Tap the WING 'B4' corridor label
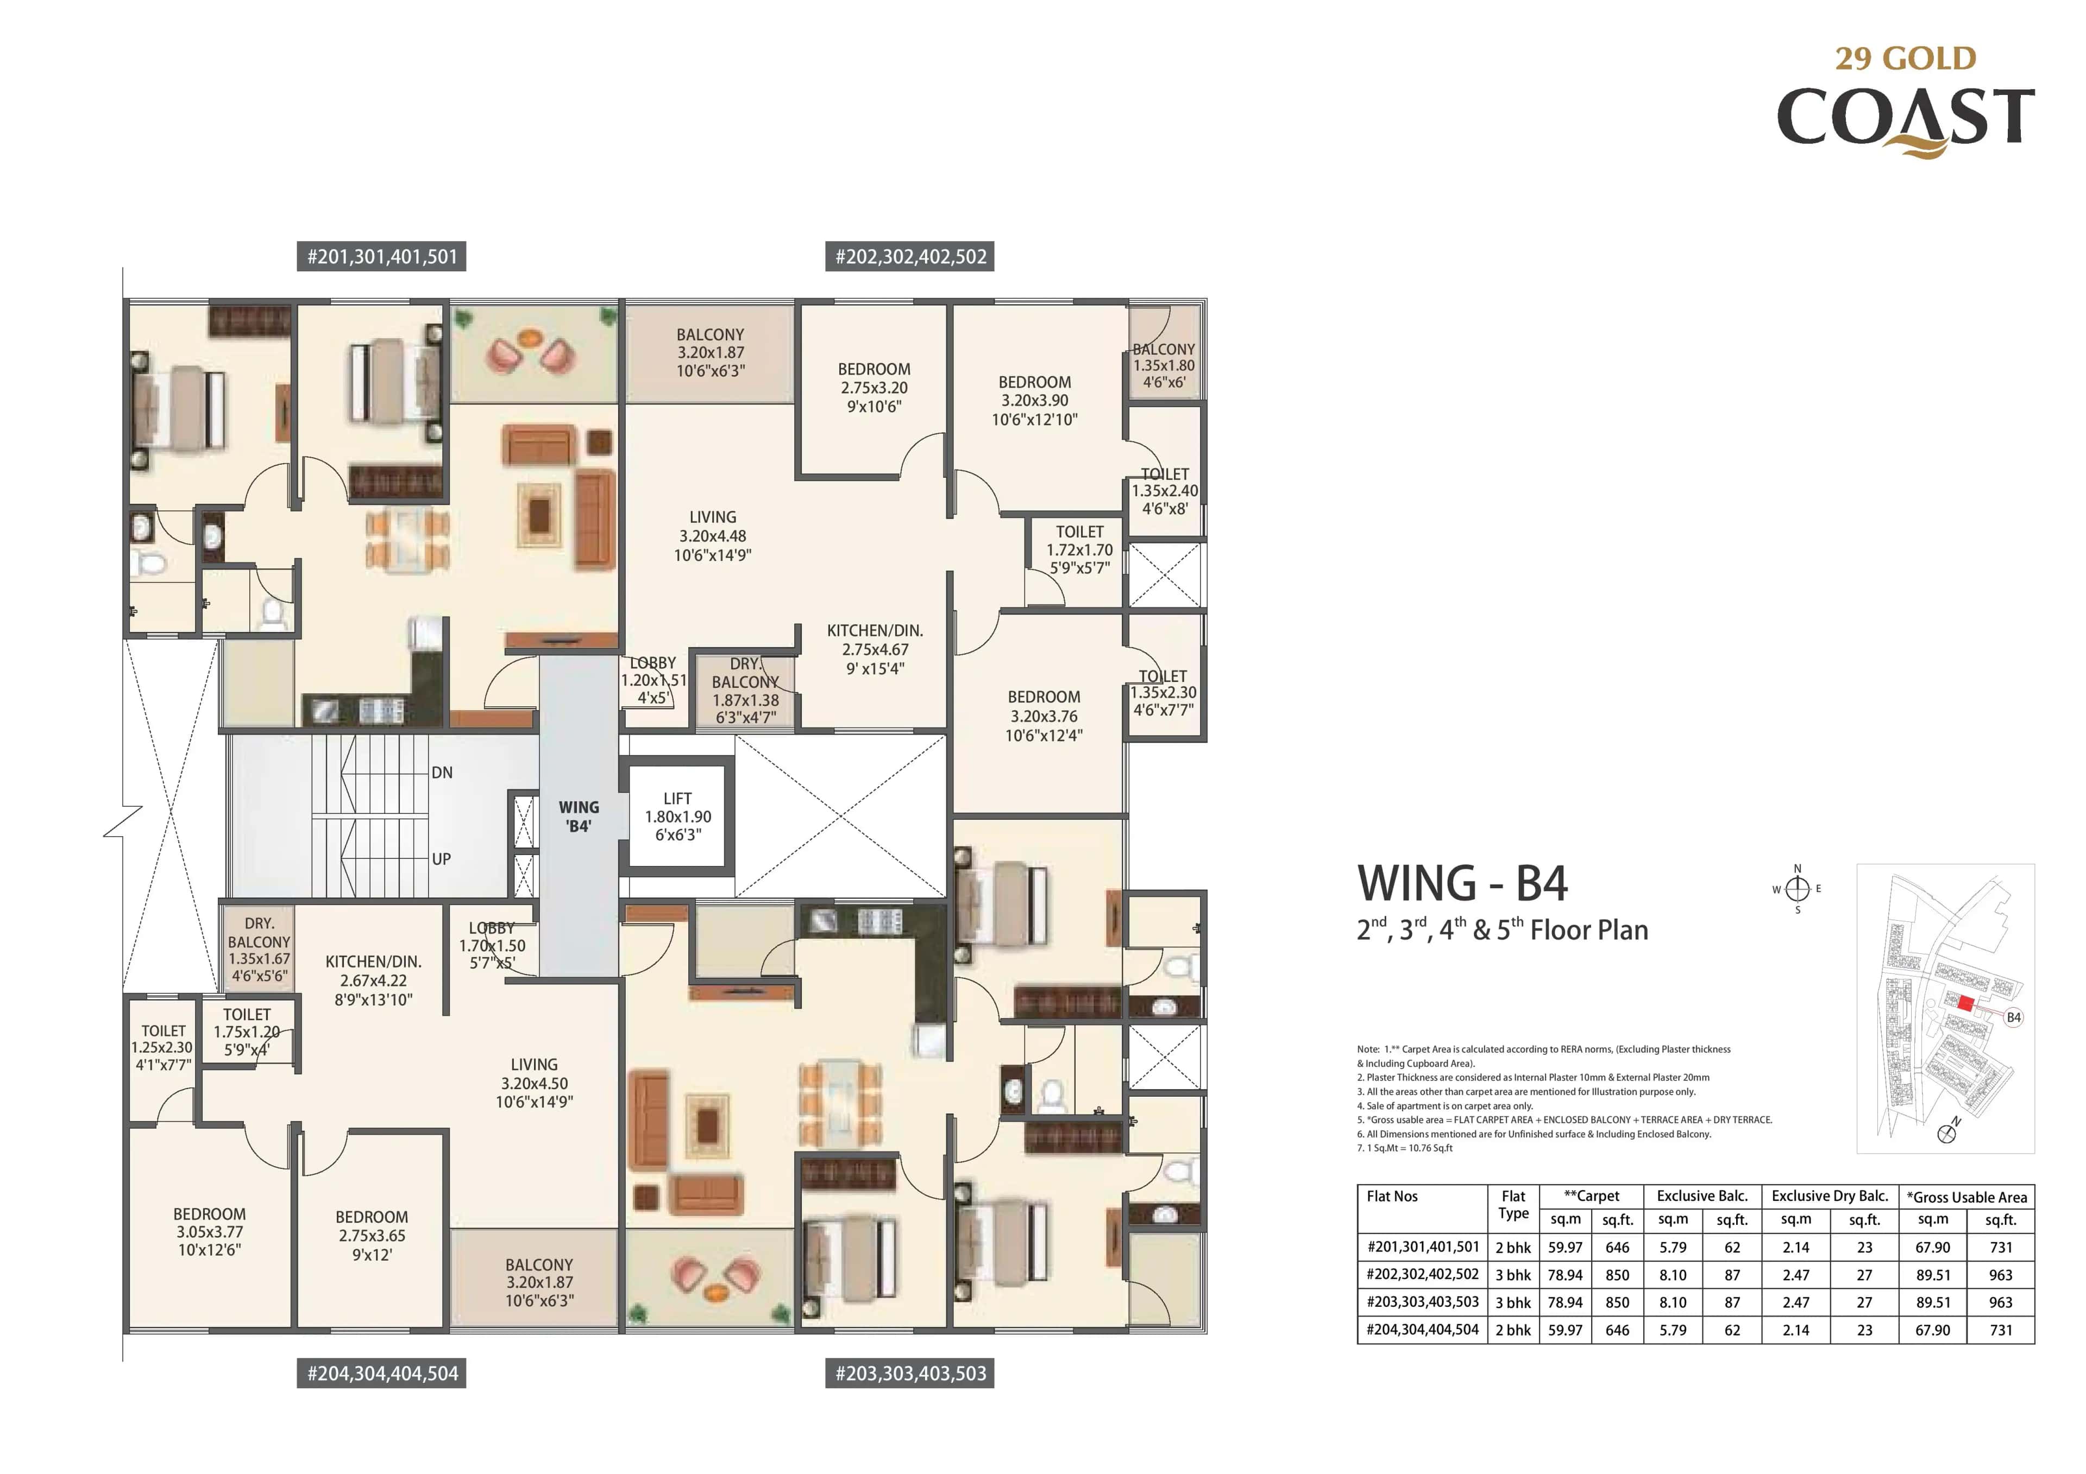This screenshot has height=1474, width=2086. pos(579,815)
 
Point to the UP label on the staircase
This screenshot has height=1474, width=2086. pos(442,858)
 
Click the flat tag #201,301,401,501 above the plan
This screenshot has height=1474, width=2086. pos(381,257)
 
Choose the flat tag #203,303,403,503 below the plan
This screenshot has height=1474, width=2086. pos(910,1373)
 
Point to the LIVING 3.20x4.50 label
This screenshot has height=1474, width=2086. pos(533,1083)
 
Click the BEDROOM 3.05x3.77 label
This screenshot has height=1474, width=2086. pos(209,1231)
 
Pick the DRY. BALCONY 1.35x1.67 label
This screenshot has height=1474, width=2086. pos(259,950)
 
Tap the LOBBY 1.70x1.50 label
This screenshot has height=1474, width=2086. pos(492,945)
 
